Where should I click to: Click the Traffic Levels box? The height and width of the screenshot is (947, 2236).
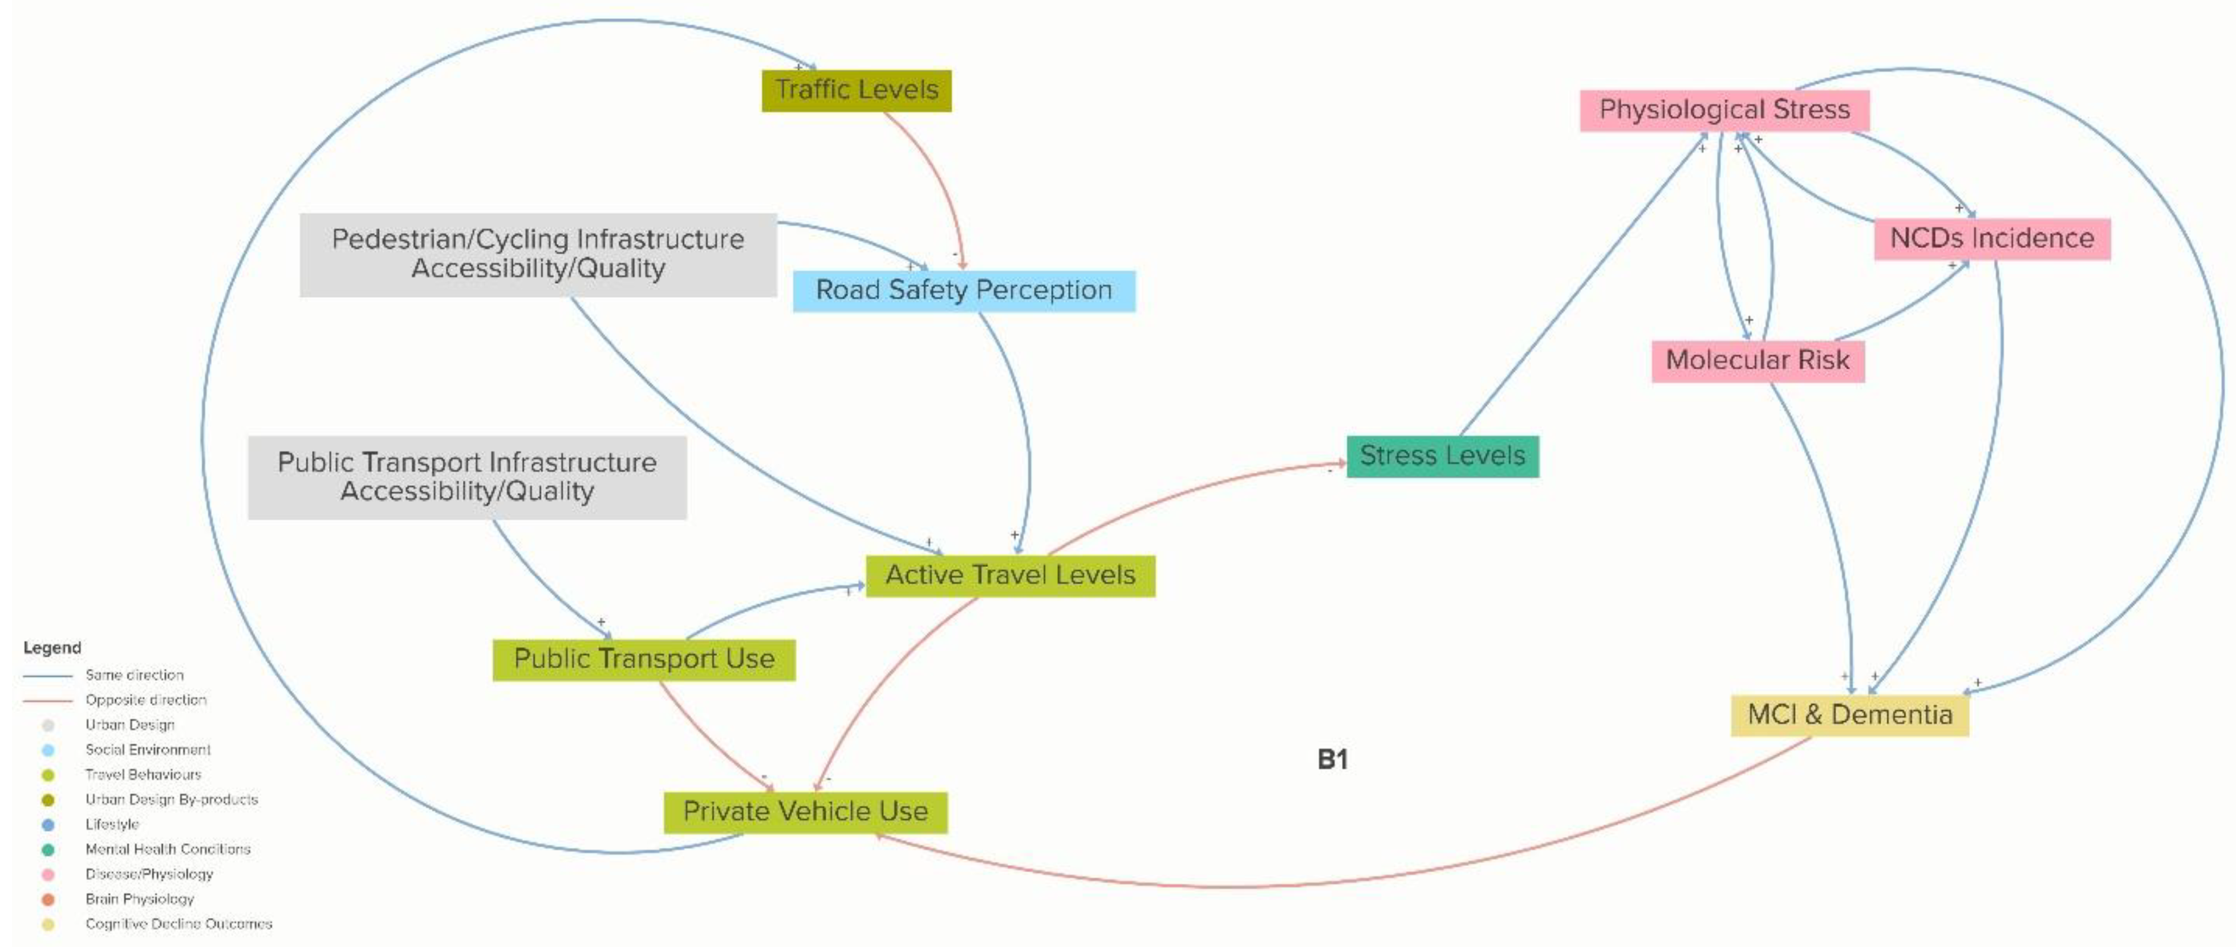click(856, 90)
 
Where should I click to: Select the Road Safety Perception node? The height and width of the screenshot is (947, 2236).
click(964, 291)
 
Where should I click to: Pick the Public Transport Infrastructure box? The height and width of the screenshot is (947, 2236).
click(467, 477)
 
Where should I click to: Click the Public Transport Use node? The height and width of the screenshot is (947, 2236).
click(643, 660)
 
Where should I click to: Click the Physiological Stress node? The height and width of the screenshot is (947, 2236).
click(1724, 110)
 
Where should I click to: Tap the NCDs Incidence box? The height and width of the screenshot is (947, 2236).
click(1991, 239)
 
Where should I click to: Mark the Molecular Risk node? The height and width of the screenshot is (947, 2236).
click(1758, 360)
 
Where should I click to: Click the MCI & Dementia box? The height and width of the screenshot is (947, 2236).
click(1849, 716)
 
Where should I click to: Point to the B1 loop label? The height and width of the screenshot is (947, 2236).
click(1332, 761)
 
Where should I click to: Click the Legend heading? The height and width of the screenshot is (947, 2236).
click(52, 648)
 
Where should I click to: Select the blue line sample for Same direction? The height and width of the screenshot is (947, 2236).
click(48, 675)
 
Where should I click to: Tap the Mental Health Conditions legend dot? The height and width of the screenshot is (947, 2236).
click(48, 850)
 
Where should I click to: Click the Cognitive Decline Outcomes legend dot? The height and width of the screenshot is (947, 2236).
click(48, 924)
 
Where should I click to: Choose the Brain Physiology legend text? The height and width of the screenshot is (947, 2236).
click(140, 899)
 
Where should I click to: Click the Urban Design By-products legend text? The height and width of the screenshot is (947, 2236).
click(171, 799)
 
